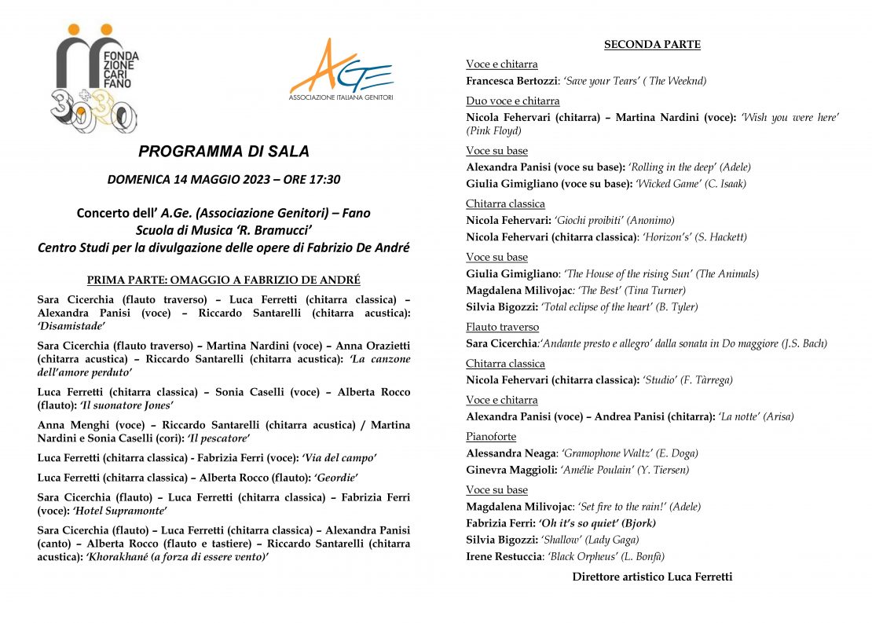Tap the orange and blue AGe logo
[341, 71]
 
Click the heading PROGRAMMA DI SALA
[224, 152]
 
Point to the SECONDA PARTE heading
[652, 45]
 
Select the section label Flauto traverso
[502, 327]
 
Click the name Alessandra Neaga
[511, 453]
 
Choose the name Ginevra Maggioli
[511, 470]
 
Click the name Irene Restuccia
[504, 557]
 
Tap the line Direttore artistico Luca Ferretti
[652, 577]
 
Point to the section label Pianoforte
[491, 437]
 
